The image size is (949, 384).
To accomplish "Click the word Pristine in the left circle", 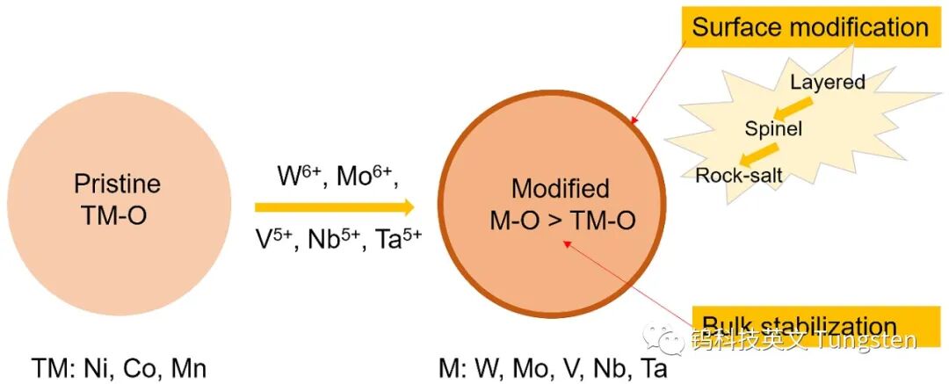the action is (x=117, y=185).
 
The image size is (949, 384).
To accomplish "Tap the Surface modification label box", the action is (x=809, y=26).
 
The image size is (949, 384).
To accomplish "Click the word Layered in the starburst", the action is (x=828, y=83).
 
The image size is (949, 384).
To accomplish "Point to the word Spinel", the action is (x=773, y=129).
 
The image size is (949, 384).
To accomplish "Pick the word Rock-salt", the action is (x=739, y=175).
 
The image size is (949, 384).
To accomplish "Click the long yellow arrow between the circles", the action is (x=334, y=208).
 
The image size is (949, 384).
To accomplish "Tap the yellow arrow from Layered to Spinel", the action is (x=792, y=106).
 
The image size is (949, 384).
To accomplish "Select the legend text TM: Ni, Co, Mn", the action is (x=119, y=367).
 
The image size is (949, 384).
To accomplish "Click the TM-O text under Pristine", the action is (x=117, y=214).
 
